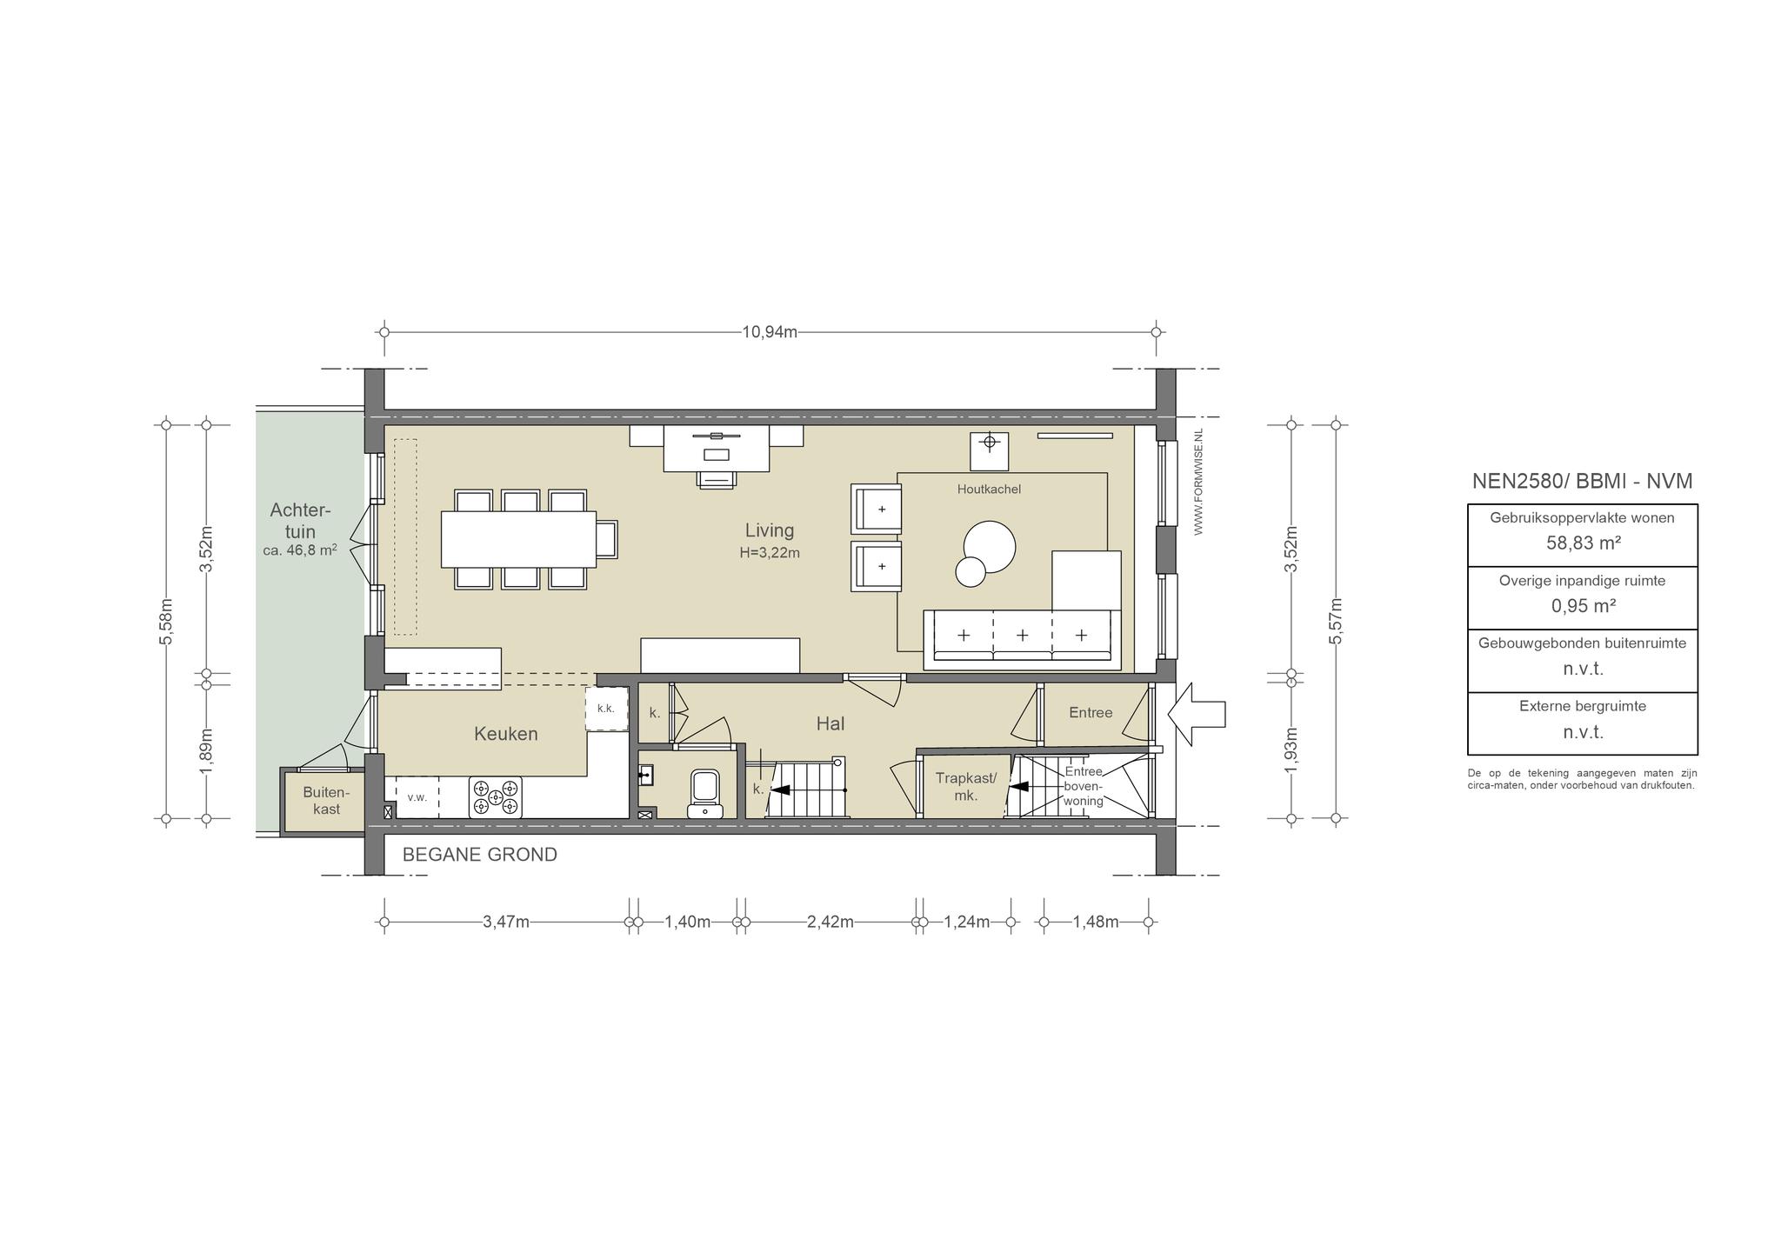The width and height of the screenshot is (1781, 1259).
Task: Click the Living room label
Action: tap(770, 530)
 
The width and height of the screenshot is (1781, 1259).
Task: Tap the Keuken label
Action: tap(506, 734)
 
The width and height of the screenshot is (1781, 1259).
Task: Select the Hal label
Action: tap(830, 723)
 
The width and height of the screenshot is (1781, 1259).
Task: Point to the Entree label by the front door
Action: tap(1091, 713)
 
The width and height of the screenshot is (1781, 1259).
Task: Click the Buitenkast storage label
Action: tap(326, 801)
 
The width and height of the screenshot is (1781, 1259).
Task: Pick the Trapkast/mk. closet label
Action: tap(966, 787)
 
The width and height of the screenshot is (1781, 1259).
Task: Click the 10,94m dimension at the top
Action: tap(770, 332)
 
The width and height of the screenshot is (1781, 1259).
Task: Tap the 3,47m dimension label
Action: tap(506, 922)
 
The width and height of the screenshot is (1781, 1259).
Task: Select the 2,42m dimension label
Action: tap(830, 922)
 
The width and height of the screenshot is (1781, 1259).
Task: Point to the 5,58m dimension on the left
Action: tap(166, 621)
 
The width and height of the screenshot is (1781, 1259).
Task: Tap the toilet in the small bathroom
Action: tap(704, 793)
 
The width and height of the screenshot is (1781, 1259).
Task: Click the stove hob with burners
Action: tap(496, 797)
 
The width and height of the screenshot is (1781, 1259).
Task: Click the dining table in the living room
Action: tap(518, 539)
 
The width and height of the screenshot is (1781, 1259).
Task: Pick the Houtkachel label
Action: tap(989, 490)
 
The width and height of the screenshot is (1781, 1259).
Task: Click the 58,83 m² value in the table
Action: tap(1583, 543)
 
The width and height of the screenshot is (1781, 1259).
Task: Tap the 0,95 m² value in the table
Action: tap(1583, 606)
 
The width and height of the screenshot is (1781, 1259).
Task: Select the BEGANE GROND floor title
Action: tap(480, 855)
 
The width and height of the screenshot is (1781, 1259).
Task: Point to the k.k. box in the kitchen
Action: tap(606, 709)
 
